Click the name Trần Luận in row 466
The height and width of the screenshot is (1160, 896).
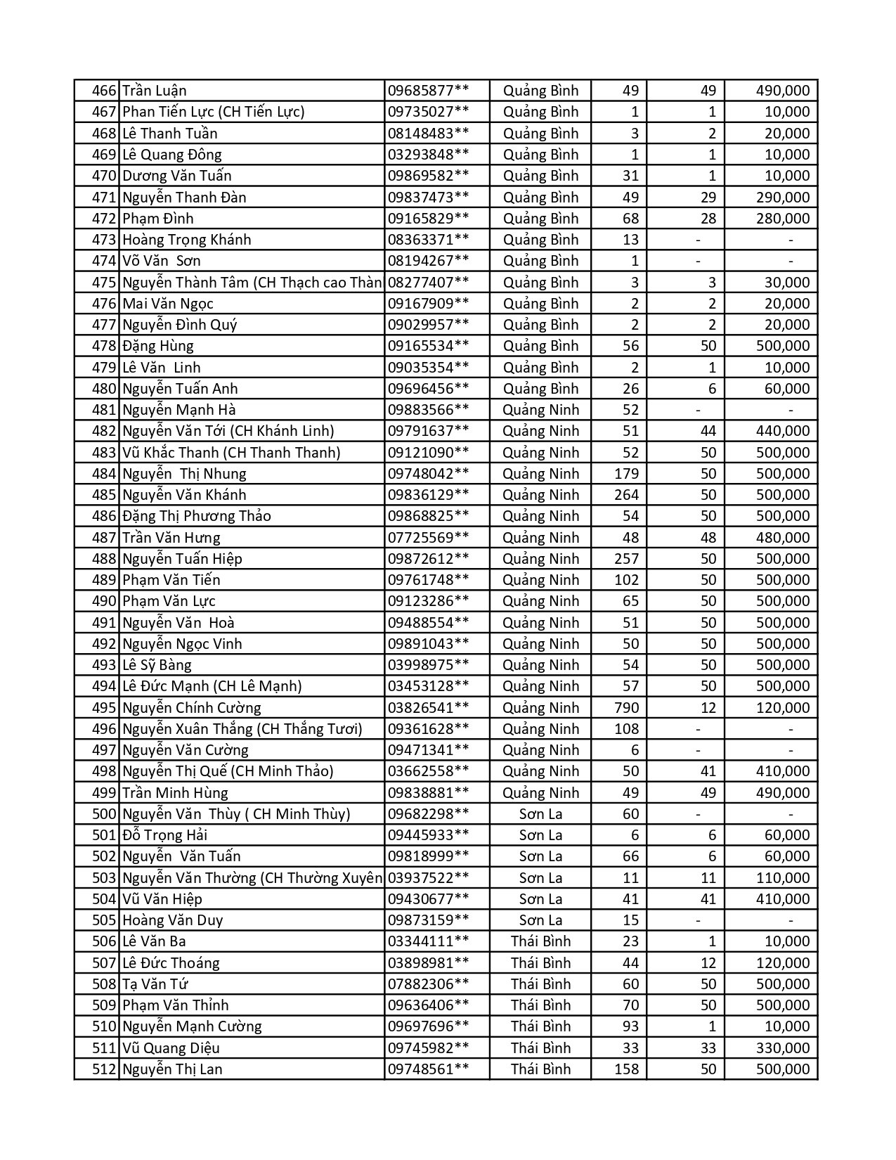click(x=155, y=91)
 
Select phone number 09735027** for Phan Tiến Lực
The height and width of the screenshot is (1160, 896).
click(x=428, y=112)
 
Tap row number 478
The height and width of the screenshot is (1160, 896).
click(x=103, y=346)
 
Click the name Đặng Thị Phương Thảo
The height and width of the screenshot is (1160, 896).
click(x=197, y=516)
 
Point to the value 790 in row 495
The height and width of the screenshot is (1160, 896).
click(x=626, y=708)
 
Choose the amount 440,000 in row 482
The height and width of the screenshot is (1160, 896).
click(x=782, y=431)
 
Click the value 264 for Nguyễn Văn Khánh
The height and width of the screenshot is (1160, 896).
click(x=626, y=495)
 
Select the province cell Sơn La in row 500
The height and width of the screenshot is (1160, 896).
click(x=540, y=814)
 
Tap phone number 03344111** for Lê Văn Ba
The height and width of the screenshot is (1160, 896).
click(x=428, y=941)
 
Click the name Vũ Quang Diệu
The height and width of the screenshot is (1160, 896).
click(x=171, y=1048)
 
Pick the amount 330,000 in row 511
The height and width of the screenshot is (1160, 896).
click(x=782, y=1048)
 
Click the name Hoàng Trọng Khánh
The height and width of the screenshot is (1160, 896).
click(x=186, y=240)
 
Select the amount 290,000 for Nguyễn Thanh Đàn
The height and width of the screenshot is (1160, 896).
click(x=782, y=198)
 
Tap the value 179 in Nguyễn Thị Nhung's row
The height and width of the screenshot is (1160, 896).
click(x=626, y=474)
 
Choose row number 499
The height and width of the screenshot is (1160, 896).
click(x=103, y=793)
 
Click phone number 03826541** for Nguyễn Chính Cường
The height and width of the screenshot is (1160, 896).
click(x=428, y=708)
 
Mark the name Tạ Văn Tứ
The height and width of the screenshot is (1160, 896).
click(x=155, y=984)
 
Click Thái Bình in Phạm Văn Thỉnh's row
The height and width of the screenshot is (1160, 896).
click(x=540, y=1005)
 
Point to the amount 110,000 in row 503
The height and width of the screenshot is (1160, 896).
click(x=782, y=878)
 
